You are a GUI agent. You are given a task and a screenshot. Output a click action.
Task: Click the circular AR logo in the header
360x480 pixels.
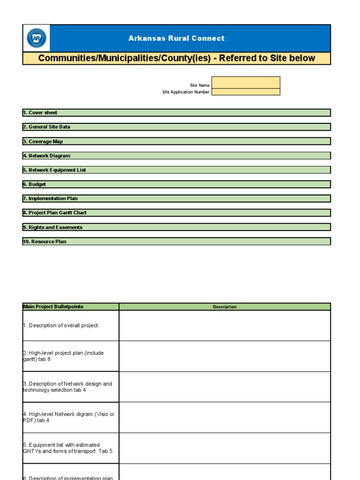click(x=36, y=38)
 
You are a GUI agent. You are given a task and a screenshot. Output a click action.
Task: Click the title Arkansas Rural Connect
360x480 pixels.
click(x=176, y=38)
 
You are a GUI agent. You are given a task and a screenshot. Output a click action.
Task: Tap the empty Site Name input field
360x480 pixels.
click(x=246, y=82)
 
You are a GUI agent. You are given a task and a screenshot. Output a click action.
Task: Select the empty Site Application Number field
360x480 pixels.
click(x=246, y=92)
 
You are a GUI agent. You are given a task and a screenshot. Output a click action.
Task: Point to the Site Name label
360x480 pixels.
click(x=200, y=85)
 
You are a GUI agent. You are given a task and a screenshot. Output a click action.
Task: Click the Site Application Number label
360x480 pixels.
click(x=187, y=92)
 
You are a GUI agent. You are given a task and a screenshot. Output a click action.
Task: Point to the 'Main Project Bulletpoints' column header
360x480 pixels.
click(x=53, y=307)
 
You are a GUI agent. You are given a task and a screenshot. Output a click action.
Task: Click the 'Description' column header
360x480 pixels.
click(x=225, y=307)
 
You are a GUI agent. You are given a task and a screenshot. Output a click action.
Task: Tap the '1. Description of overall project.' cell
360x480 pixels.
click(x=61, y=325)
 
